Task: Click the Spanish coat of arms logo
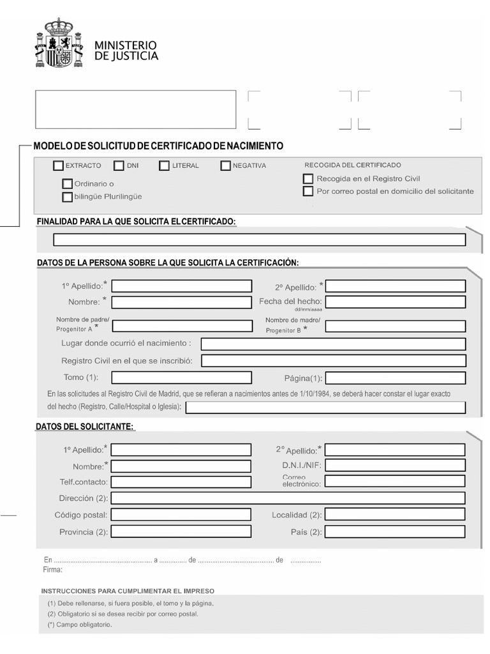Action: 59,43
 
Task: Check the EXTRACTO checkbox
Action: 59,166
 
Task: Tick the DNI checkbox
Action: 119,166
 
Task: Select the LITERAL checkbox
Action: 165,166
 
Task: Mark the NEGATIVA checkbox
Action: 226,166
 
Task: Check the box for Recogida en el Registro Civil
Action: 309,179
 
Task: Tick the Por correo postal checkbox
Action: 309,191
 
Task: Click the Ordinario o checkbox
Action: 68,184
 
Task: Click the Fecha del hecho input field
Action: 395,301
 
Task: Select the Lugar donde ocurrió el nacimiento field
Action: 333,344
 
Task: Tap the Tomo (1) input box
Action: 181,377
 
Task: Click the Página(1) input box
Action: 395,377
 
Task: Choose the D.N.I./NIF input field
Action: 395,466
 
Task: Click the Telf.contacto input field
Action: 181,482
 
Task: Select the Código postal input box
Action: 181,515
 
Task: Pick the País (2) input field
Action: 395,531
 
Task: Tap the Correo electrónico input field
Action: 395,482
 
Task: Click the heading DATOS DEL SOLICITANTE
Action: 85,427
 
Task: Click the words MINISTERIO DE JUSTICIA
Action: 126,50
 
